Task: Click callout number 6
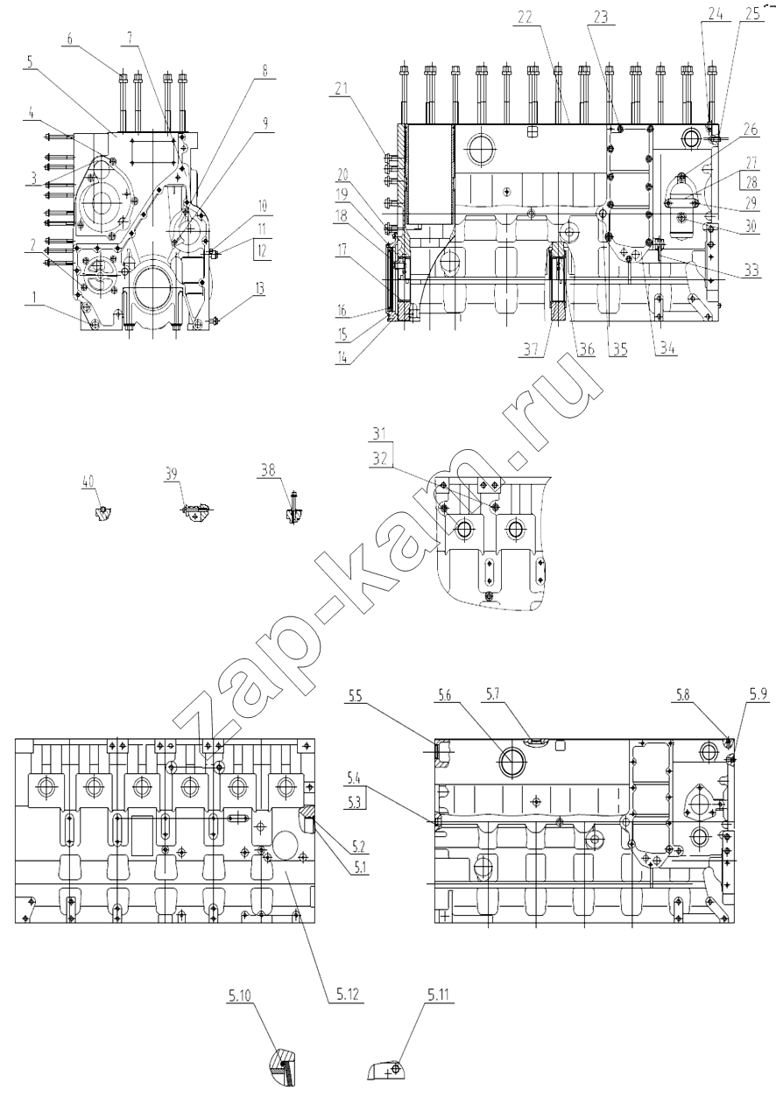pyautogui.click(x=69, y=39)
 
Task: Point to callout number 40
pyautogui.click(x=88, y=482)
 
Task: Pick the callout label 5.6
pyautogui.click(x=445, y=696)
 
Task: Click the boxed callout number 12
pyautogui.click(x=261, y=251)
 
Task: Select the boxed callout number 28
pyautogui.click(x=751, y=183)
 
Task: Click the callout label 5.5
pyautogui.click(x=355, y=696)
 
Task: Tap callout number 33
pyautogui.click(x=751, y=270)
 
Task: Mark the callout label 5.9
pyautogui.click(x=758, y=696)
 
